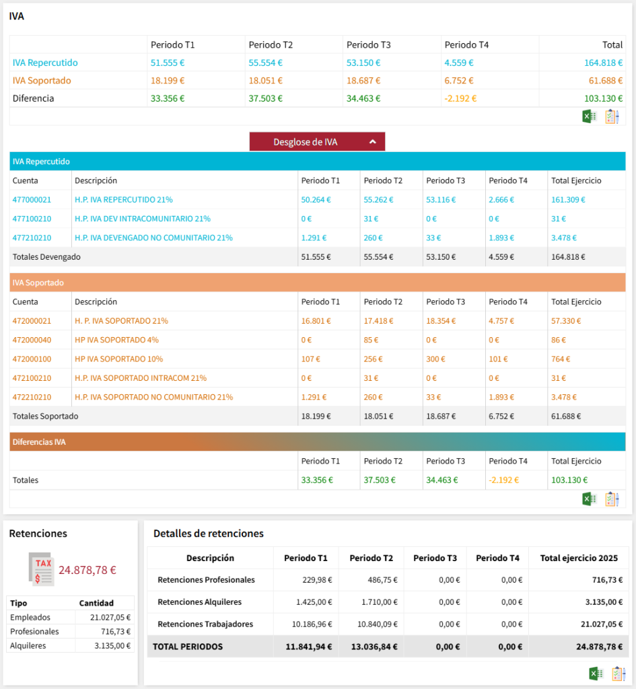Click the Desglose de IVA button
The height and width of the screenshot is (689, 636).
[x=317, y=142]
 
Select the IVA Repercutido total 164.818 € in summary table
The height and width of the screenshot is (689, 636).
[x=603, y=63]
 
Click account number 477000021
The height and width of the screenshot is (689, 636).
[x=32, y=200]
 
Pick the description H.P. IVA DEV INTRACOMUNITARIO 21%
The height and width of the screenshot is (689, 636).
[x=143, y=219]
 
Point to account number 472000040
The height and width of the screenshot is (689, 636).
[x=32, y=340]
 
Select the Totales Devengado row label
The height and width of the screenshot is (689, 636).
[x=46, y=256]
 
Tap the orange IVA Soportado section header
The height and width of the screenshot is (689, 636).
[x=38, y=283]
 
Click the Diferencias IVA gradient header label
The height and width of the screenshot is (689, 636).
[x=39, y=442]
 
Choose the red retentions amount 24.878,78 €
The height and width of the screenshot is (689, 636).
[x=87, y=570]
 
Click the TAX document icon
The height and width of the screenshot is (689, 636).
[x=42, y=569]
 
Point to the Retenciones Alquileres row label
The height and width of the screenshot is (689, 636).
[x=199, y=602]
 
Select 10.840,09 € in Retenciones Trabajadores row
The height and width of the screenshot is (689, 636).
[x=376, y=624]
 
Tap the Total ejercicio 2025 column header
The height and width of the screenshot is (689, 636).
[x=579, y=558]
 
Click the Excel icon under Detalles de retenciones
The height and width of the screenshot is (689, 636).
[x=594, y=674]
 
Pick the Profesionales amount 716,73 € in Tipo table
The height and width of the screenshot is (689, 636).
[x=111, y=632]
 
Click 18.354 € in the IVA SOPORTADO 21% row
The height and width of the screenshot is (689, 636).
[x=441, y=321]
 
